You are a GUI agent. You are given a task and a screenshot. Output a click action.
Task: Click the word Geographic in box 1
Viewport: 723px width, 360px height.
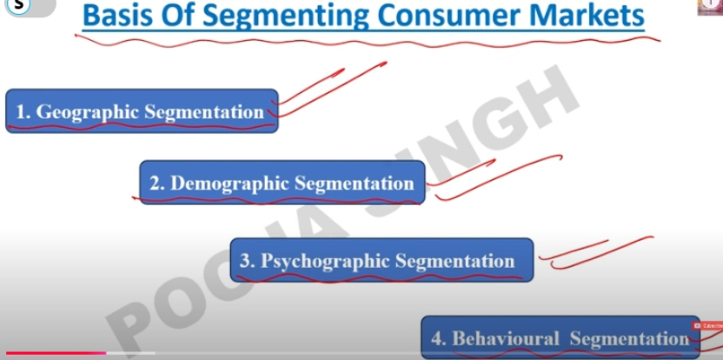pyautogui.click(x=87, y=111)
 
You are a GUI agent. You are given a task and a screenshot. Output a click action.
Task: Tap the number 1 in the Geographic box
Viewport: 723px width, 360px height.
pyautogui.click(x=21, y=111)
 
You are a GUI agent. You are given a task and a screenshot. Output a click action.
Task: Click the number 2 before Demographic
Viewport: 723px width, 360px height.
pyautogui.click(x=156, y=183)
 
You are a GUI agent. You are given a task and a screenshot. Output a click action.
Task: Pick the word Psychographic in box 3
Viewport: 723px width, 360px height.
pyautogui.click(x=325, y=261)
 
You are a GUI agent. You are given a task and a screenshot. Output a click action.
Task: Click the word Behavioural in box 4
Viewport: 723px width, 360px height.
pyautogui.click(x=506, y=339)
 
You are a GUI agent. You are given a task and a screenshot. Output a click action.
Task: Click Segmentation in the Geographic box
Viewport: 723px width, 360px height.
pyautogui.click(x=204, y=111)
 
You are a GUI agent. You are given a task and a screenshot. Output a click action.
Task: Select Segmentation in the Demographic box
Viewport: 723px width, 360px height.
pyautogui.click(x=355, y=183)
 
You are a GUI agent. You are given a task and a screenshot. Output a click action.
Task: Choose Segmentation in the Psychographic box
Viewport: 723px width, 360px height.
pyautogui.click(x=455, y=261)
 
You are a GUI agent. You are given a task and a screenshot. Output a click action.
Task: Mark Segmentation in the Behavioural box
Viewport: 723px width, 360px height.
pyautogui.click(x=629, y=339)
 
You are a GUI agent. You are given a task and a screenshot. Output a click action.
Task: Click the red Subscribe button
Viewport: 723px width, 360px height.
pyautogui.click(x=706, y=326)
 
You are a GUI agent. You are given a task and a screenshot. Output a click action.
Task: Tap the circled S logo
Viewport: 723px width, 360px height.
pyautogui.click(x=19, y=4)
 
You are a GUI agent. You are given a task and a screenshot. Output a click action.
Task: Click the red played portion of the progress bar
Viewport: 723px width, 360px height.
pyautogui.click(x=56, y=353)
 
